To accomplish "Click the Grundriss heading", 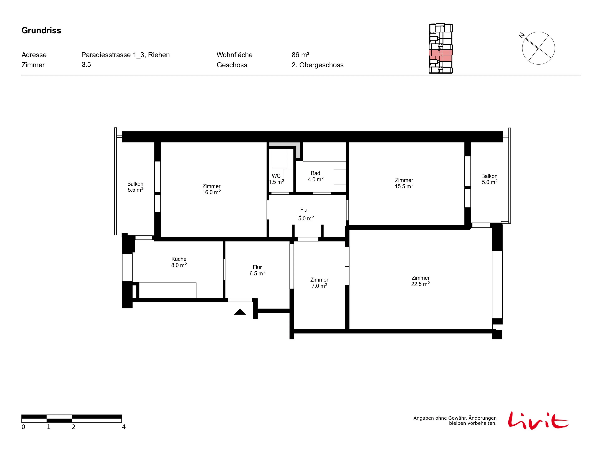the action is pyautogui.click(x=41, y=30).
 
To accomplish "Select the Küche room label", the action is pyautogui.click(x=179, y=259).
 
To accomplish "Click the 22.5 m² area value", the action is pyautogui.click(x=420, y=284).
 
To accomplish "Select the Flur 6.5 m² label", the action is pyautogui.click(x=257, y=270).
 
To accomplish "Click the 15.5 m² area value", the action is pyautogui.click(x=404, y=186).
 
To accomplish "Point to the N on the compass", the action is pyautogui.click(x=521, y=35).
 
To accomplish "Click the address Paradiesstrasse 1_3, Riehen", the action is pyautogui.click(x=125, y=55).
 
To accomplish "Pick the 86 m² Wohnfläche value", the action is pyautogui.click(x=301, y=55).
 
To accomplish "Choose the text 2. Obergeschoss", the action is pyautogui.click(x=318, y=65).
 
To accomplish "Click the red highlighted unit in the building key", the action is pyautogui.click(x=441, y=55).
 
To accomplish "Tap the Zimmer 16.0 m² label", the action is pyautogui.click(x=211, y=189).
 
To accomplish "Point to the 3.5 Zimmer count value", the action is pyautogui.click(x=86, y=65).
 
